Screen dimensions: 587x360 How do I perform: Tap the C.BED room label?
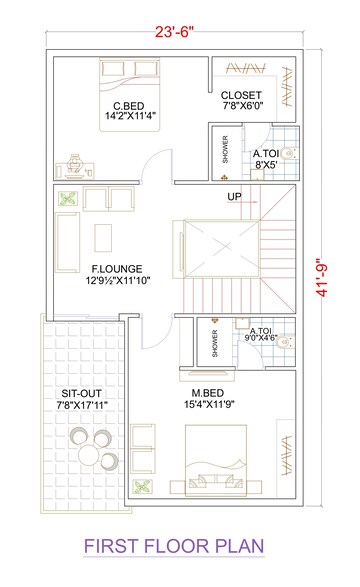(131, 105)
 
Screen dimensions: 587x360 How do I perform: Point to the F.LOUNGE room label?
(117, 269)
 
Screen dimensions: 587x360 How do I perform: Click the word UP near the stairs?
(234, 196)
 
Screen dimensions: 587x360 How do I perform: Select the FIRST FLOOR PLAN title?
(176, 547)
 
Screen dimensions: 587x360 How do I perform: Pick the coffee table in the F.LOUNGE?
(103, 236)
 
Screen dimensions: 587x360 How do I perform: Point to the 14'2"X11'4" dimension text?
(130, 118)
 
